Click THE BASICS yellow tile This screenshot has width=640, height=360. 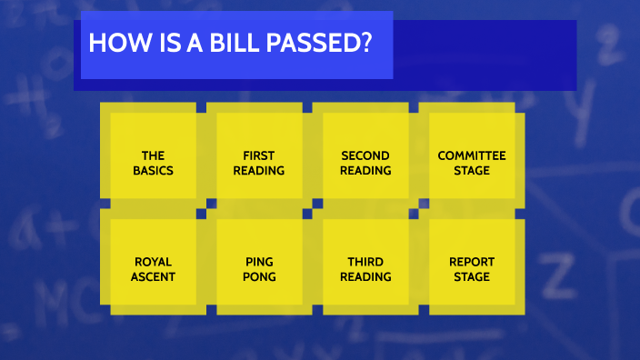tap(153, 155)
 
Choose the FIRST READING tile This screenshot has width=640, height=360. tap(259, 155)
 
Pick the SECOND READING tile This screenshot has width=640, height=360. tap(365, 155)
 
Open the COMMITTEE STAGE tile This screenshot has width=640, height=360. tap(472, 155)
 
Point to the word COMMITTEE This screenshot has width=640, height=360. tap(472, 155)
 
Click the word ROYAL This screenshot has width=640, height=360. tap(153, 262)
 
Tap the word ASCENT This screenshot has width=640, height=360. tap(153, 276)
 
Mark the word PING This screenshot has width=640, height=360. tap(259, 262)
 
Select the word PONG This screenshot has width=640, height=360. tap(259, 276)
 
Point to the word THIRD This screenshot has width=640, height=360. tap(365, 262)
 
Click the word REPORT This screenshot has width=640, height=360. tap(472, 262)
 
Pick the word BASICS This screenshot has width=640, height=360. tap(153, 170)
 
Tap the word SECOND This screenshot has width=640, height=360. tap(365, 155)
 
